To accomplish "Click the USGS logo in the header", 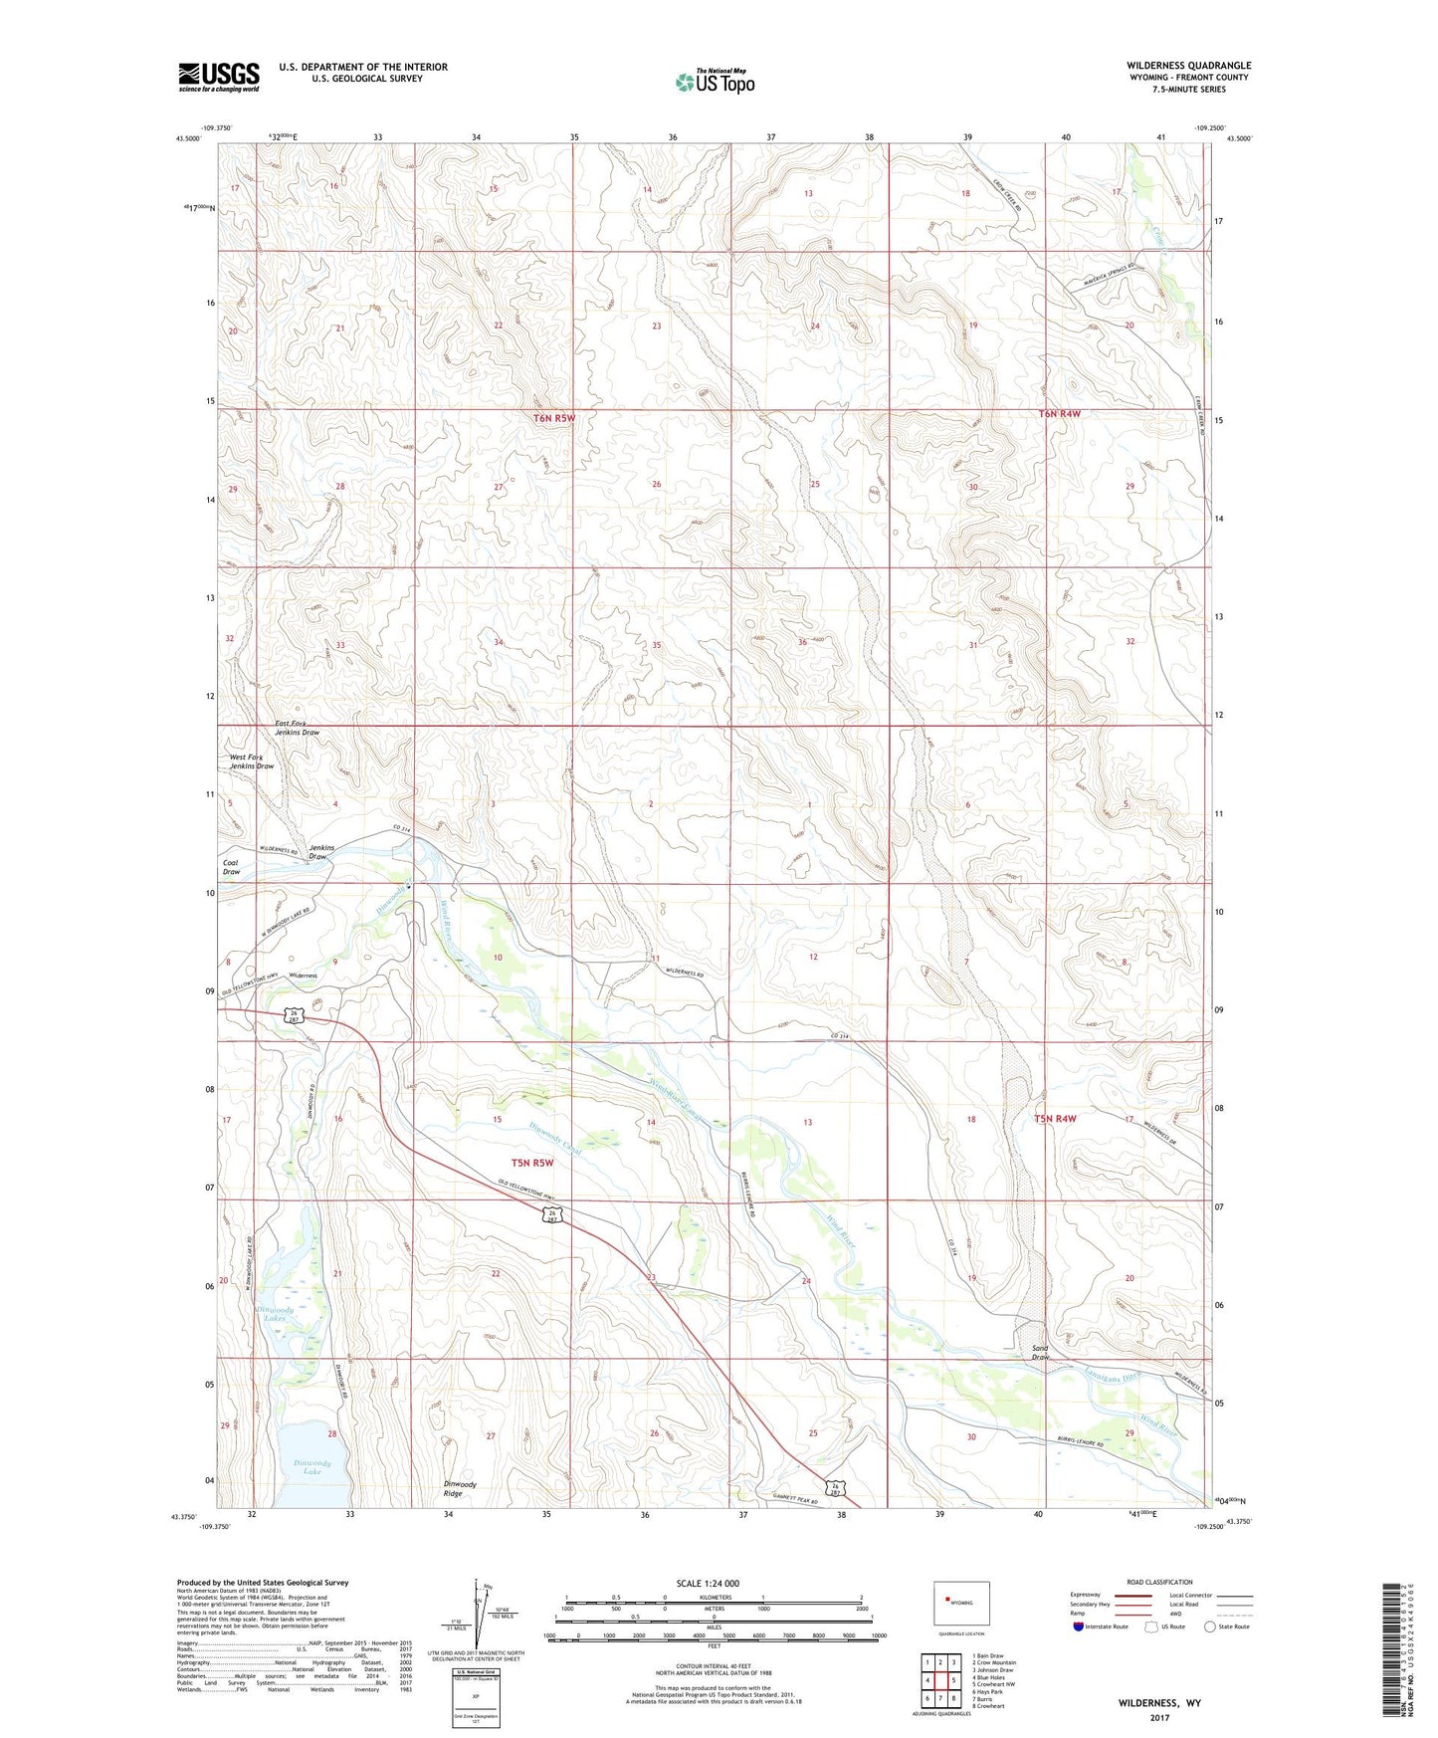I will tap(219, 77).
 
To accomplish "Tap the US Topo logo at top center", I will tap(715, 81).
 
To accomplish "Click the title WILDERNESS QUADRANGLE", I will tap(1184, 66).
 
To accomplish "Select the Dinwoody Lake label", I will tap(311, 1466).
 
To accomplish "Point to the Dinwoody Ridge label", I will tap(460, 1488).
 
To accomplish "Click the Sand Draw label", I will tap(1040, 1352).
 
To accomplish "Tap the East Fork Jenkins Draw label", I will tap(297, 728).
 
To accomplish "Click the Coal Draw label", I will tap(231, 867).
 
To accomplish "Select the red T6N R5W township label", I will tap(554, 418).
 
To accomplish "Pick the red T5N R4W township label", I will tap(1057, 1119).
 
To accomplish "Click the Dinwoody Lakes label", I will tap(274, 1314).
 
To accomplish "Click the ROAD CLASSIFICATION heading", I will tap(1160, 1582).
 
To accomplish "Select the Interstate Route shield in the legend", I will tap(1078, 1627).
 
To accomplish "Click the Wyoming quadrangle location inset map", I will tap(961, 1605).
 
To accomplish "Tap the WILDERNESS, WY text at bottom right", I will tap(1159, 1702).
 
